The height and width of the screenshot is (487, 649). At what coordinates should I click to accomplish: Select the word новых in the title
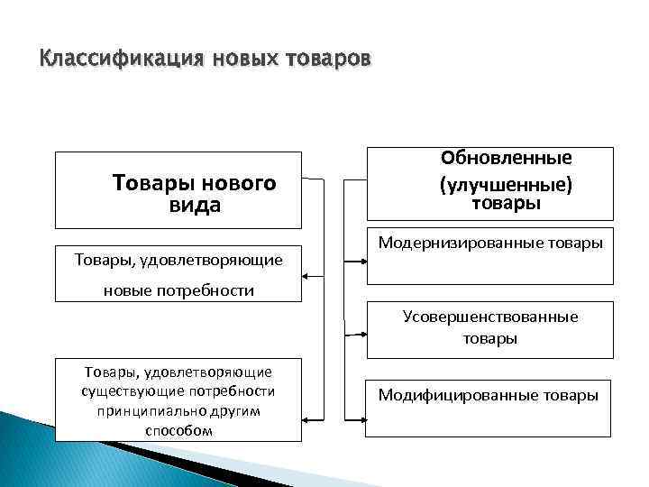(244, 60)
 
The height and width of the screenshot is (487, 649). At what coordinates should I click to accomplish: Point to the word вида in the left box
(195, 206)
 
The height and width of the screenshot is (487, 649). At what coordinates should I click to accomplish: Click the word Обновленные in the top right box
(506, 158)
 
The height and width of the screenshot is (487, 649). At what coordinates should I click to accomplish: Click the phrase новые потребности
(178, 290)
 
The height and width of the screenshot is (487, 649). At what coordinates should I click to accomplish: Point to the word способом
(178, 430)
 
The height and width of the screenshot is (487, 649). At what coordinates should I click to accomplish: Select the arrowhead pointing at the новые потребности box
(308, 275)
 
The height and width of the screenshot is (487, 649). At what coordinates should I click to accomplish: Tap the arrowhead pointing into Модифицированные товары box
(362, 419)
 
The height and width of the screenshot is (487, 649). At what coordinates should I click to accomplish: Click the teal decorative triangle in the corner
(36, 451)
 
